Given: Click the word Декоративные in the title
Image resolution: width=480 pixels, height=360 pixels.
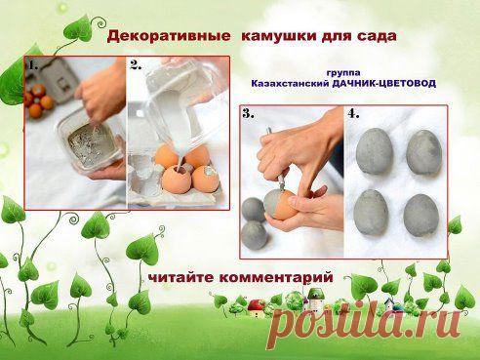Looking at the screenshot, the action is coord(169,36).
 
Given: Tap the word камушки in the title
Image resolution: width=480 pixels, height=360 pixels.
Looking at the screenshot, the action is coord(278,36).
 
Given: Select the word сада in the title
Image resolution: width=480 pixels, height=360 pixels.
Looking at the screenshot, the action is coord(377,36).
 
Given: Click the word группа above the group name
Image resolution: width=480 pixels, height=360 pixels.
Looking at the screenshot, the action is coord(343,73).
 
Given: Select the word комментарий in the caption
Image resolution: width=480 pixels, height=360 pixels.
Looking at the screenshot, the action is coord(276,278).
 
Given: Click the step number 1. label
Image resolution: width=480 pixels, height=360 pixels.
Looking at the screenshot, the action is coord(33,65).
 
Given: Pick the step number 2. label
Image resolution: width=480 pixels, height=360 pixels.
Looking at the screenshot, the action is coord(136,65).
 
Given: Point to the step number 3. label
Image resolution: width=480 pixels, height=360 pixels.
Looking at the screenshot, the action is coord(249,113).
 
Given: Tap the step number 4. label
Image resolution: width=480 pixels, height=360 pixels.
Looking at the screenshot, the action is coord(353,113).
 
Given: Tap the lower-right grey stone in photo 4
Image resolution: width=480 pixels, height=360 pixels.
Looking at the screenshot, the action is coord(421,216).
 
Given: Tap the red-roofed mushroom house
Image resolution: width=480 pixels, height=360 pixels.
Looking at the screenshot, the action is coord(257,308).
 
